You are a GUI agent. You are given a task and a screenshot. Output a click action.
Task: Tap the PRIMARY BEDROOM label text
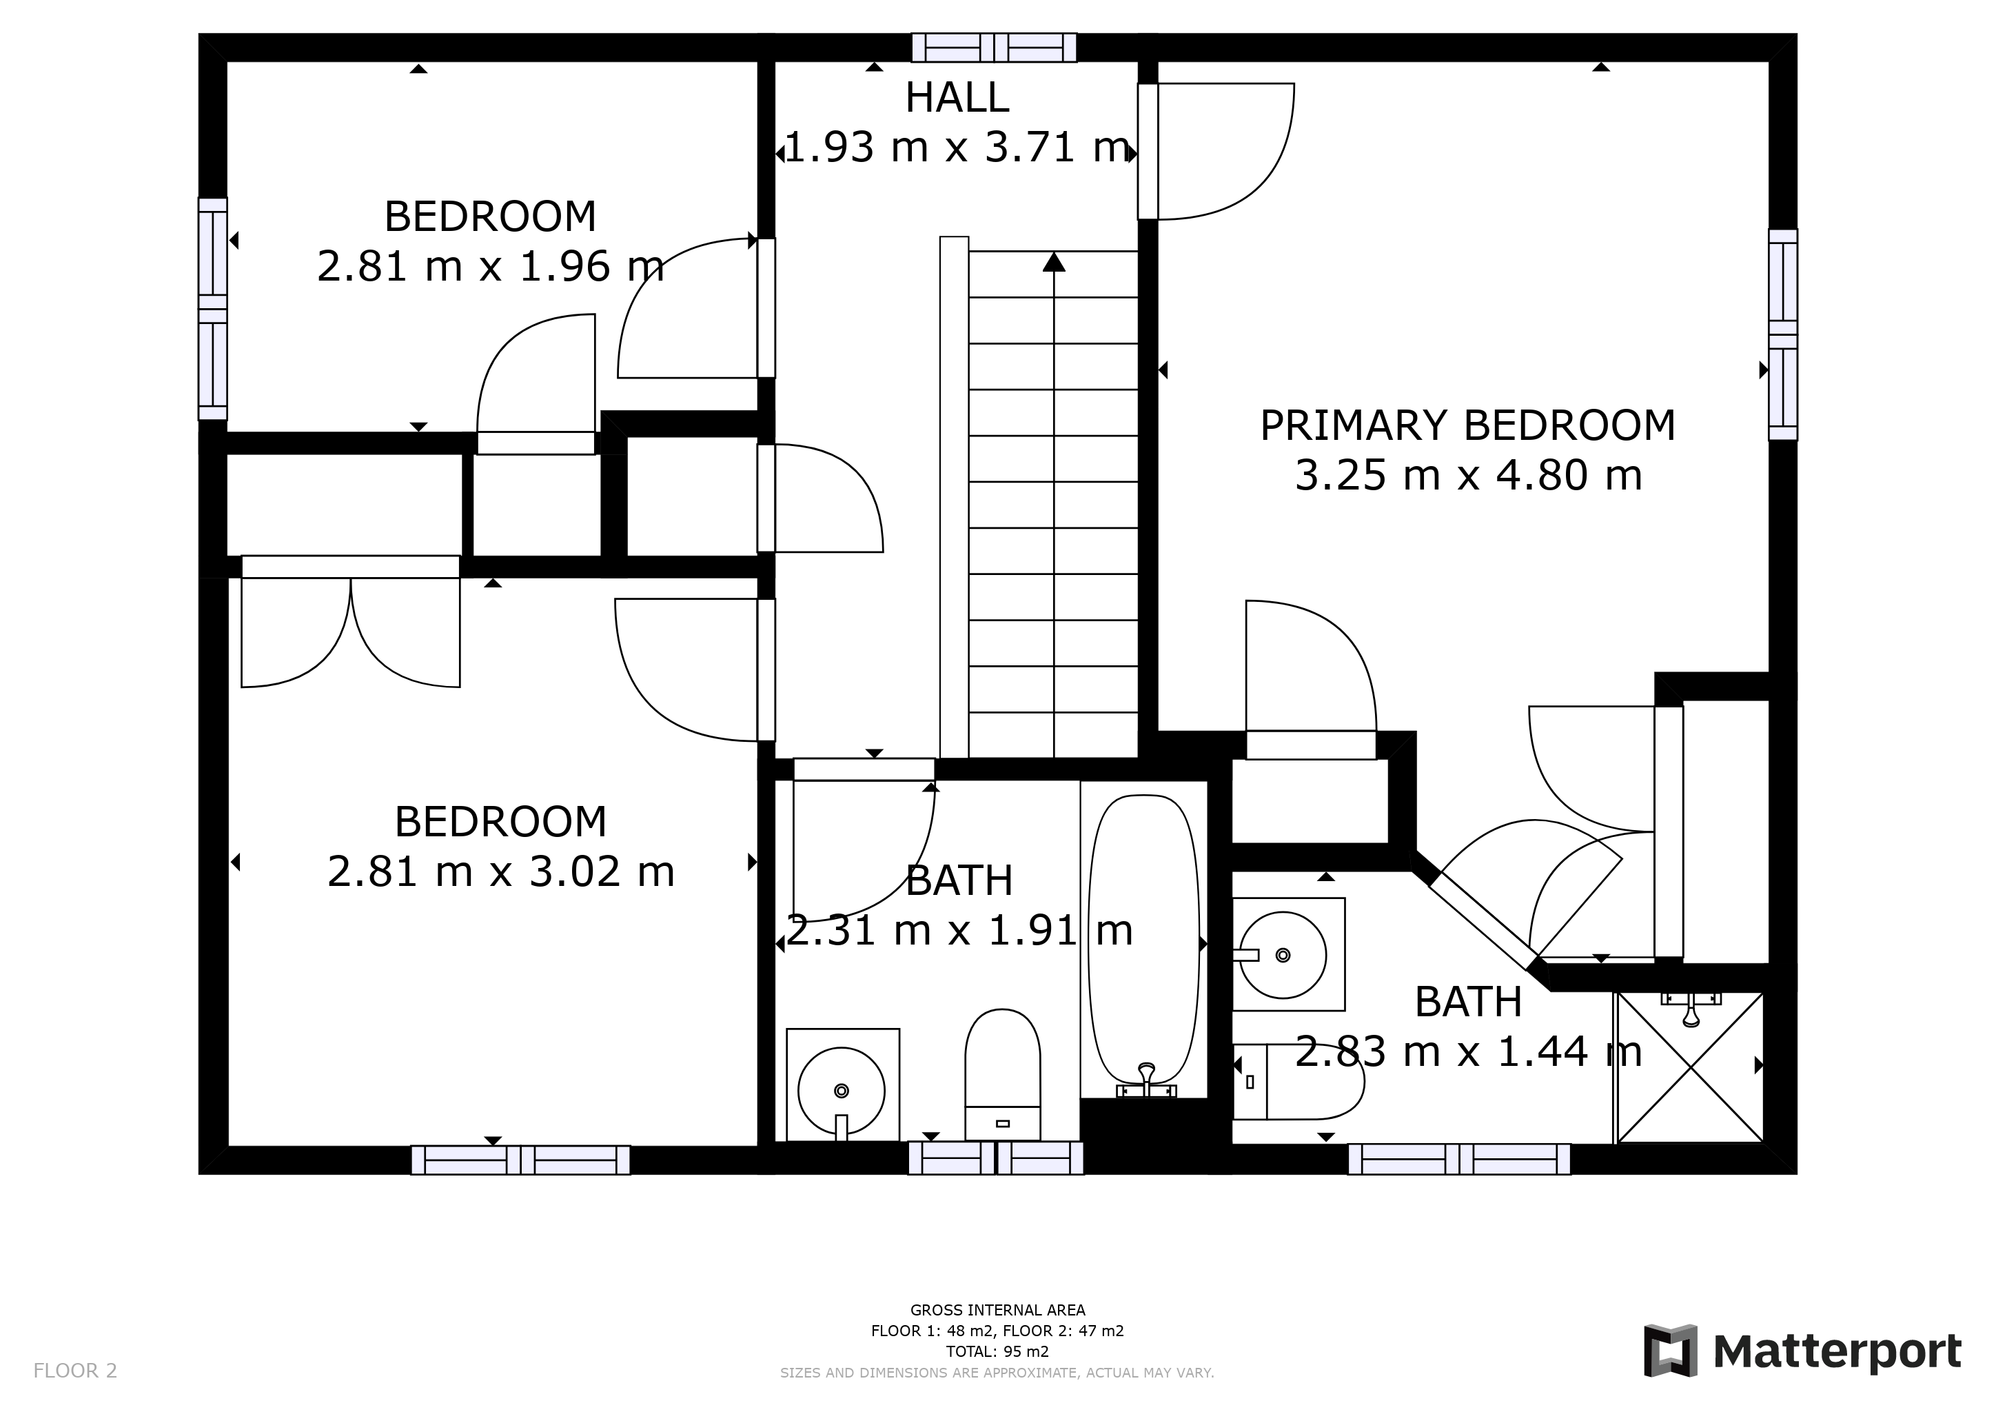pos(1467,426)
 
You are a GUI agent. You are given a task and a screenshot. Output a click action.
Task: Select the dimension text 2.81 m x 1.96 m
pos(490,266)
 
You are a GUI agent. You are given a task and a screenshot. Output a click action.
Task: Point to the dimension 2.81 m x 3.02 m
pos(501,871)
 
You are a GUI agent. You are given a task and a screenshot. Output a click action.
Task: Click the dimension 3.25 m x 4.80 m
pos(1468,476)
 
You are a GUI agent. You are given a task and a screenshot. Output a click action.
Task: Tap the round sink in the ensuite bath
pos(1283,955)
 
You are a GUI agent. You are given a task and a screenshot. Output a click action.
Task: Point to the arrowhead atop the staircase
pos(1054,261)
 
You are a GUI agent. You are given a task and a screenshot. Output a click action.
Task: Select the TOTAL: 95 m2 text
pos(997,1352)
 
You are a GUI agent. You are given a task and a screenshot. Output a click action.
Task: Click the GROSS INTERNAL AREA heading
pos(997,1310)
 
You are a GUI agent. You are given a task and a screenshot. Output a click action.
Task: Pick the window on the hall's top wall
pos(994,48)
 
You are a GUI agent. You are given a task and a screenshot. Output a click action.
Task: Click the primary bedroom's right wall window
pos(1783,335)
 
